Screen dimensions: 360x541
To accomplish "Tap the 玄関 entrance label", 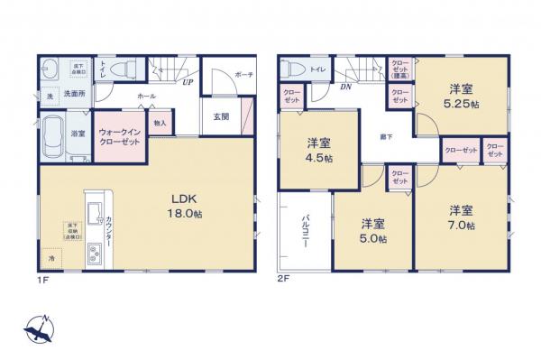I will pos(221,115).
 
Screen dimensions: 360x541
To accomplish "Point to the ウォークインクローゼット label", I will pos(120,136).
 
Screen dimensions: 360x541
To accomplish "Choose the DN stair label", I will pos(346,87).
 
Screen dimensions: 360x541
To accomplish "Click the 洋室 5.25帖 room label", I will pos(464,96).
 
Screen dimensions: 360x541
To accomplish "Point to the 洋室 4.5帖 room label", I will pos(318,150).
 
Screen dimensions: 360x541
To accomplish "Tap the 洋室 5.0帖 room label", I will pos(373,230).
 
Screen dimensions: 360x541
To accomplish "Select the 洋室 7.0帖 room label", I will pos(461,217).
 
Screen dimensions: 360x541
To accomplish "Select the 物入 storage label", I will pos(160,124).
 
